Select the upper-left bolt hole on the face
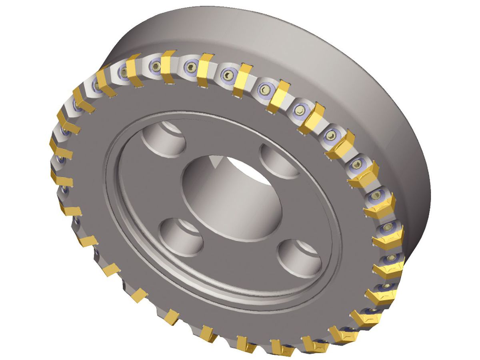(164, 138)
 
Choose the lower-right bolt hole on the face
(299, 258)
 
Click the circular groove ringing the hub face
(120, 224)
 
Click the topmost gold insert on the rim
(168, 66)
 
